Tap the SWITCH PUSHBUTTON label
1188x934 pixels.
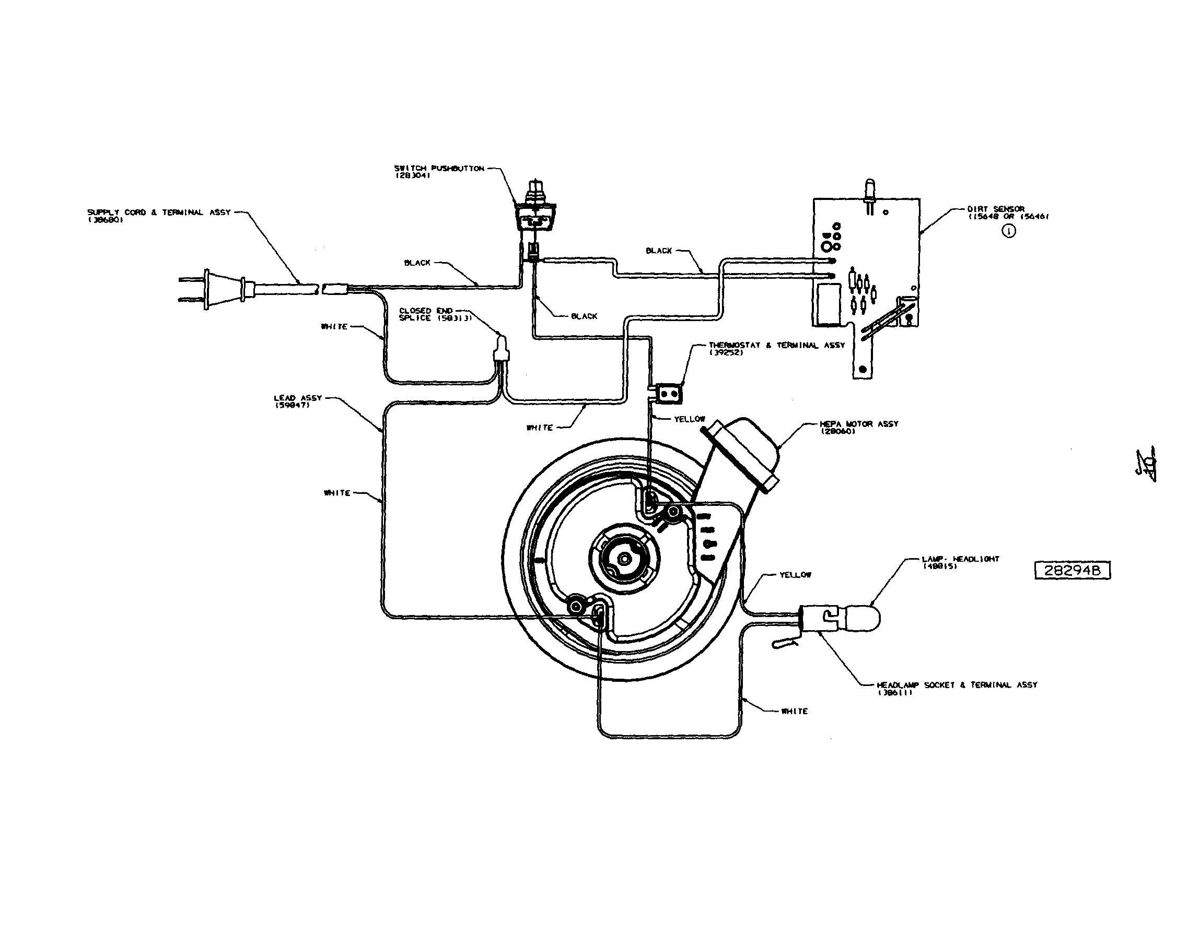pos(439,172)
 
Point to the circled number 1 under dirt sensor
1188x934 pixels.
pos(1008,231)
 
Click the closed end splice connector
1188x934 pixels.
pos(500,350)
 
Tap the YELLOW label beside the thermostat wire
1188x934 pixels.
pos(689,419)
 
